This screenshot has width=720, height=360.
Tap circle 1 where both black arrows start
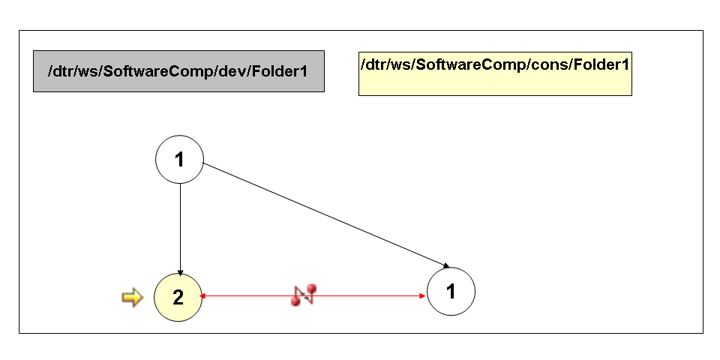[179, 159]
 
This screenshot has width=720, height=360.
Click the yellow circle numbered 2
[178, 298]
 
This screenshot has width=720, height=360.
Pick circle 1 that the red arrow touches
[451, 291]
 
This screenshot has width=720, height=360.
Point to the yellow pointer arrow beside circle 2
[132, 298]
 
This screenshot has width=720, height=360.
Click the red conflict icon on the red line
[304, 294]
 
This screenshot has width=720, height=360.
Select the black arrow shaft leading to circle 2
[179, 225]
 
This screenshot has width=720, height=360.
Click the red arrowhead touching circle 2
[203, 296]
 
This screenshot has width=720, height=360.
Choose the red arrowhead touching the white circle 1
[423, 296]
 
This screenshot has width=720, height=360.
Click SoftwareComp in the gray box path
[158, 71]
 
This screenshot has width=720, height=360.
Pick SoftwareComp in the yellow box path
[472, 64]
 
